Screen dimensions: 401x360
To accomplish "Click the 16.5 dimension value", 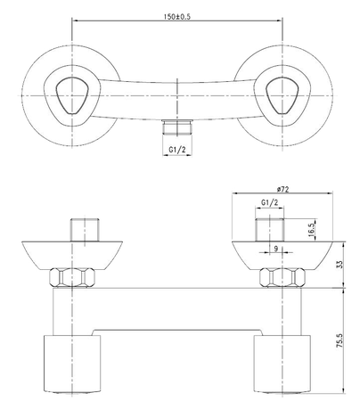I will tap(312, 228).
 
